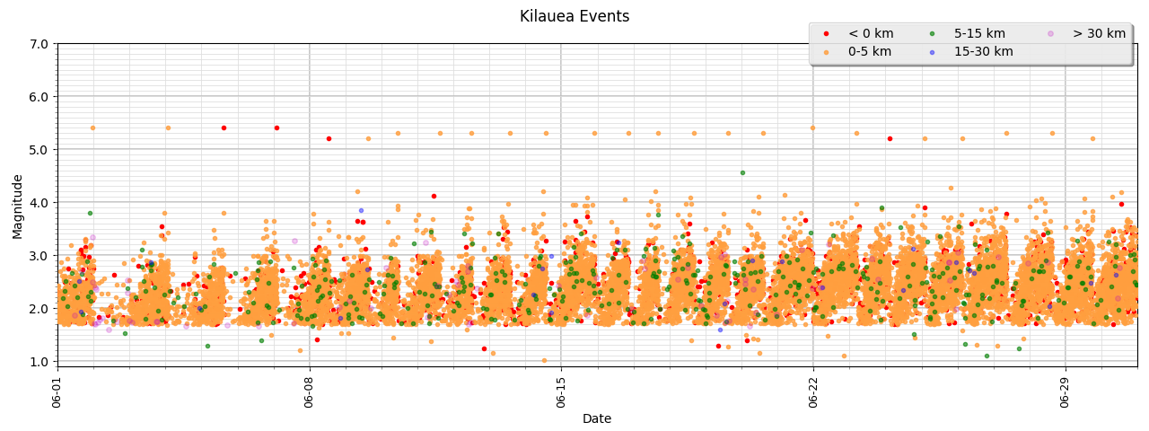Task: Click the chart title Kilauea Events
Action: (574, 16)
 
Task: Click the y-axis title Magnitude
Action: (18, 207)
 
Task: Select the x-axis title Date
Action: (597, 418)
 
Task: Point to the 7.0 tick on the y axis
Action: (38, 44)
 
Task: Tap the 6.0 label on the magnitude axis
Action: (38, 97)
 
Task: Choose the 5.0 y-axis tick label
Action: (38, 150)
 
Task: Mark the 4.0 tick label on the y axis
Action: (38, 203)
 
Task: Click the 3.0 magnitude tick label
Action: (38, 256)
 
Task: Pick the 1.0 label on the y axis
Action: (38, 362)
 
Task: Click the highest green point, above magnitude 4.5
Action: (742, 172)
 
